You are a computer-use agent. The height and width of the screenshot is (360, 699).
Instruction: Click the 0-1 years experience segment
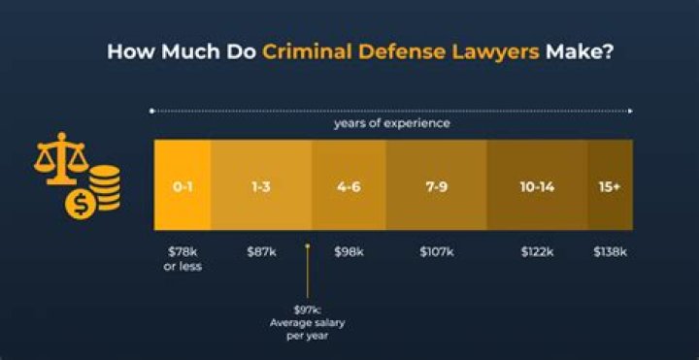point(183,185)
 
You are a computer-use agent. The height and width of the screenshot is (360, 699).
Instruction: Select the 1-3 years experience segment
point(260,185)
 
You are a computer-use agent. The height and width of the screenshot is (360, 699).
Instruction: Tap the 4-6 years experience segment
point(349,185)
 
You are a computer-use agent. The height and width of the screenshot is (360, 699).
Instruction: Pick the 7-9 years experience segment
point(436,185)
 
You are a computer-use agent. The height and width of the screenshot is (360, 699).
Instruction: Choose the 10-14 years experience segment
point(536,185)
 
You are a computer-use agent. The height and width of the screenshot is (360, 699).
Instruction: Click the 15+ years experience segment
point(610,185)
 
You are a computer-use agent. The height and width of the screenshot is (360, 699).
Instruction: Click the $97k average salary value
point(307,310)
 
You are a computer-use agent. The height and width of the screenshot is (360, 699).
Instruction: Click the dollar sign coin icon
point(80,205)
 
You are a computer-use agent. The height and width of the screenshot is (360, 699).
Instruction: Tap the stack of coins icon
point(104,187)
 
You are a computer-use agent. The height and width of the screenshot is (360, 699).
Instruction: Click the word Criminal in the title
point(306,51)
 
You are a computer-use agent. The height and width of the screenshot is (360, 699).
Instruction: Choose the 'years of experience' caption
point(392,124)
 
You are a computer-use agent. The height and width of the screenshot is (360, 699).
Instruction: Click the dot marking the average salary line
point(307,246)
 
